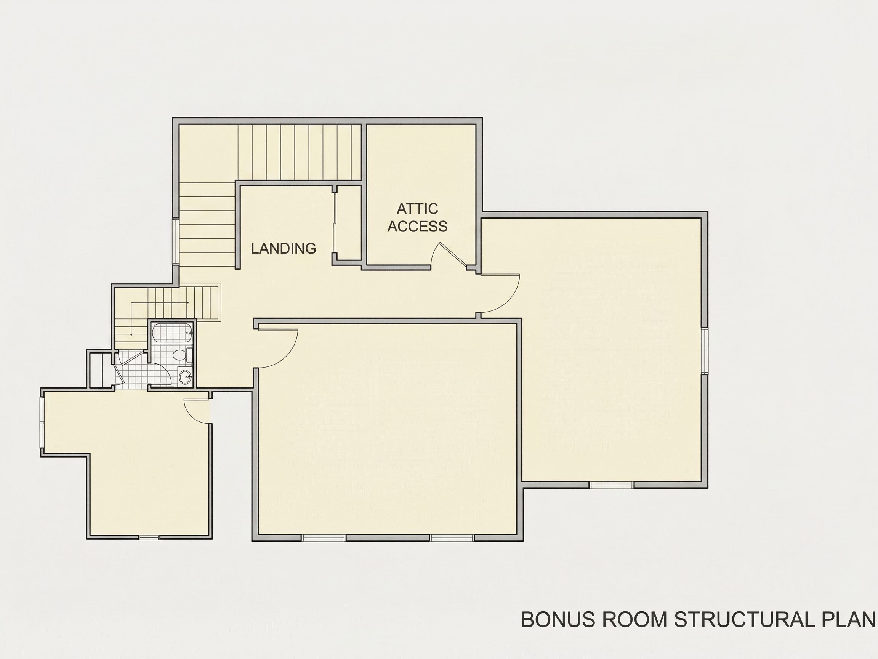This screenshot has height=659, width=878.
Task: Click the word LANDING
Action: pos(284,248)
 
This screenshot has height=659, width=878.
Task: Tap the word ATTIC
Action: pos(418,209)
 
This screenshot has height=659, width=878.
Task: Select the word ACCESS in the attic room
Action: pos(418,226)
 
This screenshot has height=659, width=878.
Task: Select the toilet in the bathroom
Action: pos(183,355)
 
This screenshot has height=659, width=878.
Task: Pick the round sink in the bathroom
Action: pos(184,376)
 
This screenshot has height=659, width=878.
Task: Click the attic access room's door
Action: pos(449,255)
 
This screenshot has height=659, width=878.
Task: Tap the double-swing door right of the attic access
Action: pos(500,294)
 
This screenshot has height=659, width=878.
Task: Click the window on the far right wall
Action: pos(705,350)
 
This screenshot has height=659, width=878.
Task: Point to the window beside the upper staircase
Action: pos(175,241)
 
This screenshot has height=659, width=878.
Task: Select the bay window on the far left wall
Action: pos(42,423)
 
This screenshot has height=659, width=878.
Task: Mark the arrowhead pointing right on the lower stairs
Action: pos(187,303)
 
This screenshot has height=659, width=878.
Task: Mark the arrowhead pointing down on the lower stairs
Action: pos(131,334)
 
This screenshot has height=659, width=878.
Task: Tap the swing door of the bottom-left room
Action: pos(197,411)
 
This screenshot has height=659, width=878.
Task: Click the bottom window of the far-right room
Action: pos(611,485)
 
